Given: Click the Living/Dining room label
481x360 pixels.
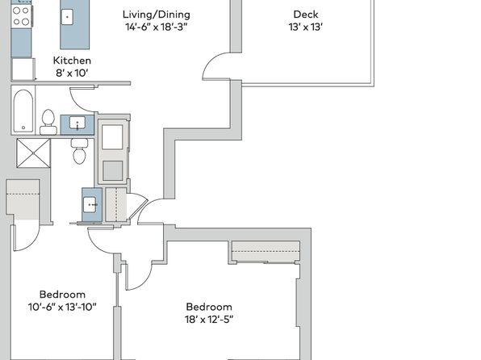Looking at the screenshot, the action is tap(156, 15).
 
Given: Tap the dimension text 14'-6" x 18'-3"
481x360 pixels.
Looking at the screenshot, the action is tap(156, 27).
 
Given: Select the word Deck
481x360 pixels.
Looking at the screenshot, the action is tap(306, 14).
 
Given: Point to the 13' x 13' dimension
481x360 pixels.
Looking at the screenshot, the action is tap(306, 27).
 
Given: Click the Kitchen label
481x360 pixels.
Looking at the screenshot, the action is tap(72, 61).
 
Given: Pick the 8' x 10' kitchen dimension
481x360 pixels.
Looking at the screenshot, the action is tap(72, 73).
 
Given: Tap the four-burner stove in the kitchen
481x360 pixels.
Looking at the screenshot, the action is tap(22, 16).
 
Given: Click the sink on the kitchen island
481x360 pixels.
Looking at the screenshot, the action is tap(67, 17).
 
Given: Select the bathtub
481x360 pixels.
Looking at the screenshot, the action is tap(23, 111).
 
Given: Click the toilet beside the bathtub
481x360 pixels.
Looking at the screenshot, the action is tap(48, 122).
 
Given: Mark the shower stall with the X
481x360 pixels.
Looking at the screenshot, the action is tap(33, 153).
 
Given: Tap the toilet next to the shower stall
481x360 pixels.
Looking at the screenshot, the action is tap(80, 151).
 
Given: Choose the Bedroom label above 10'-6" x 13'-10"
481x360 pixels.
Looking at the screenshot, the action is tap(62, 295).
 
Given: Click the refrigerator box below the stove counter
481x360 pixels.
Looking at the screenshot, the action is tap(23, 69).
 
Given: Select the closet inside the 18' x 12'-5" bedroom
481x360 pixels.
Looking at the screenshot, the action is tap(266, 251).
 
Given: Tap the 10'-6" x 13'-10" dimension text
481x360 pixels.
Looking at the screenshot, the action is tap(62, 307).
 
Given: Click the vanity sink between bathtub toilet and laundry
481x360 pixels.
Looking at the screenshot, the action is tap(77, 125).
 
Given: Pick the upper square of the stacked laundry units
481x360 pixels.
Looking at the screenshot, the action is tap(112, 137).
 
